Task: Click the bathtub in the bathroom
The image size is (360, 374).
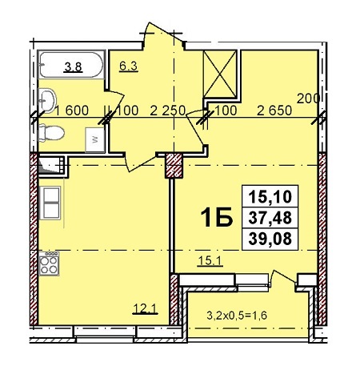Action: [x=71, y=65]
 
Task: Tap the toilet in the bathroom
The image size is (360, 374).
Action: [x=51, y=133]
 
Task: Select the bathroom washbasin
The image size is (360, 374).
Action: [x=47, y=101]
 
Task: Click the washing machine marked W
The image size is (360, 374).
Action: [x=94, y=140]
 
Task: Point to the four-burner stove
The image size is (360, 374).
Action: [x=49, y=263]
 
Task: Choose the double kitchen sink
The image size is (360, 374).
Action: [x=50, y=203]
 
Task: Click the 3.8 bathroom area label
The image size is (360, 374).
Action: [x=74, y=67]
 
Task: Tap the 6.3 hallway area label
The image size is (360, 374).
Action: [x=128, y=66]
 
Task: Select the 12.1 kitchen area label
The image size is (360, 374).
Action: [x=146, y=309]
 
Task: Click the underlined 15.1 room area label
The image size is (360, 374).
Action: [x=210, y=261]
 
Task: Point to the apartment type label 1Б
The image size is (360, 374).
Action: [x=217, y=217]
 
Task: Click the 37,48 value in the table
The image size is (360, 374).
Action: [x=270, y=218]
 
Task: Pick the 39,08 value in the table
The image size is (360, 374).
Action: [x=270, y=239]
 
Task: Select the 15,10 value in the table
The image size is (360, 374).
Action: [x=270, y=197]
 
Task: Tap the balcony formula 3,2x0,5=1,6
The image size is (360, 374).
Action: [x=237, y=316]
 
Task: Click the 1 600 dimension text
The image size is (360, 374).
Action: [x=71, y=111]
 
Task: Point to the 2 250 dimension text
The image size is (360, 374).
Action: [x=167, y=111]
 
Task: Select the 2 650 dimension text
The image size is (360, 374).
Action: [x=274, y=111]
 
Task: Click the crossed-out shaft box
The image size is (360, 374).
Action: [x=220, y=74]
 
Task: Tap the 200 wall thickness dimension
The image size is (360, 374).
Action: [x=308, y=99]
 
